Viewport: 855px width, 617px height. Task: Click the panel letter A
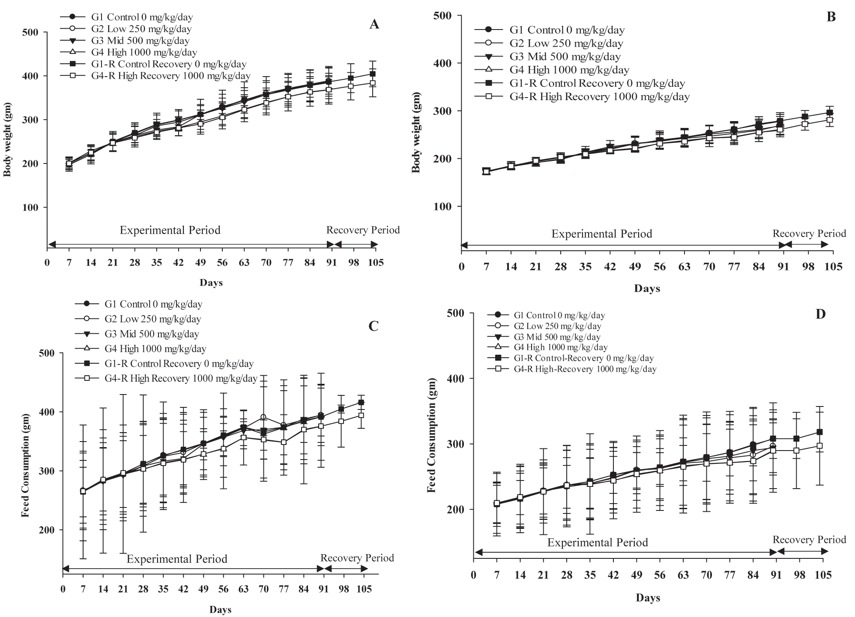374,24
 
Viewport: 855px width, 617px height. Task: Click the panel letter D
820,314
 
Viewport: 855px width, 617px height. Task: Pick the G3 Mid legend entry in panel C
152,334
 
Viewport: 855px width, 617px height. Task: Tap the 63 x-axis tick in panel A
244,262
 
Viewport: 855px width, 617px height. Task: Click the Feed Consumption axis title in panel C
25,466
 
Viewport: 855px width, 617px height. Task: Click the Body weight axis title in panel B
416,138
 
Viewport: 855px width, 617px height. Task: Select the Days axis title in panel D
648,598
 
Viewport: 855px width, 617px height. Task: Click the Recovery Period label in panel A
363,230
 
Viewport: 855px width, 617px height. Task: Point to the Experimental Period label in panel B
601,234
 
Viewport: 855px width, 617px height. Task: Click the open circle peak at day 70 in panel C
263,417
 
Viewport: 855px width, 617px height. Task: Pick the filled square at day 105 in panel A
372,74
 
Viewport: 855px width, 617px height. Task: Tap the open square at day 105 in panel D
819,445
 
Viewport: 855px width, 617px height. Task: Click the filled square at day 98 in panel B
805,117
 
